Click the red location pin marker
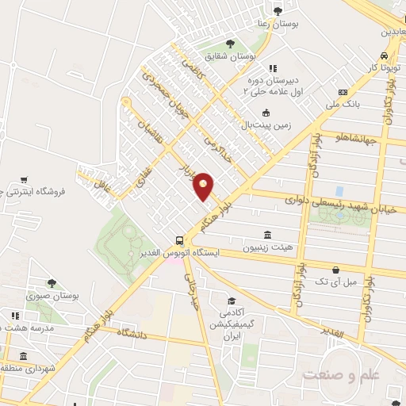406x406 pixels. tap(204, 186)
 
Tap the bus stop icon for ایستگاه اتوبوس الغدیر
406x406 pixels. tap(179, 240)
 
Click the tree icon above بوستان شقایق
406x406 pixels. tap(230, 43)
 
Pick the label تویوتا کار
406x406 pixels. tap(383, 69)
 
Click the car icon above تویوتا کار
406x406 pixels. tap(384, 56)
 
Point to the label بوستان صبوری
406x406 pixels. tap(51, 296)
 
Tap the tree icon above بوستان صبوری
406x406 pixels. tap(52, 282)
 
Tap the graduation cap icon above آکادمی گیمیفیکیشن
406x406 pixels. tap(232, 301)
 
